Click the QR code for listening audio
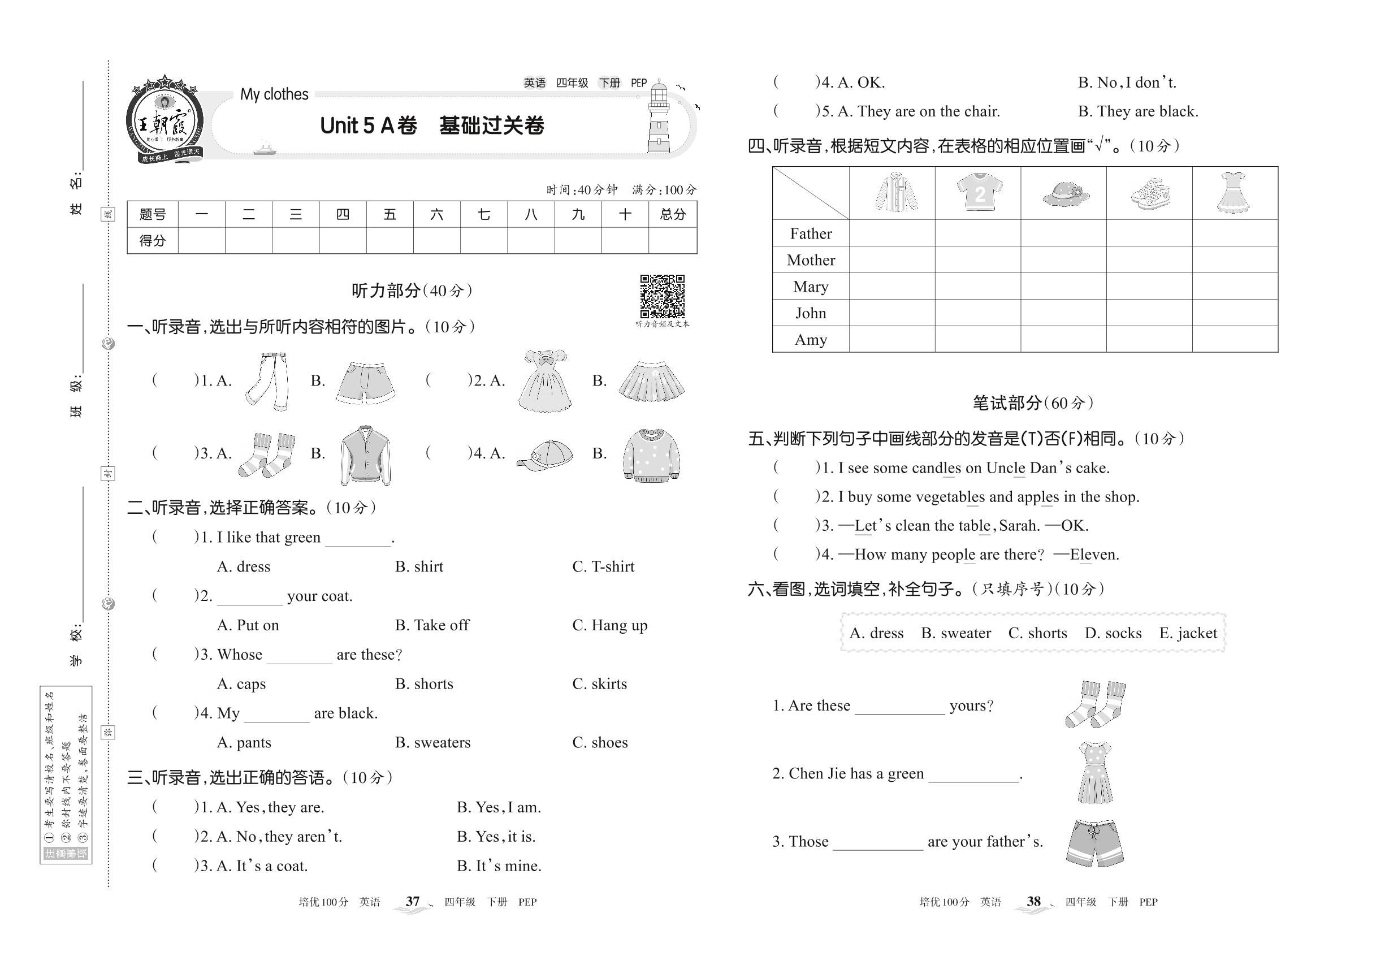pyautogui.click(x=662, y=296)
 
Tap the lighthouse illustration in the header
pyautogui.click(x=659, y=118)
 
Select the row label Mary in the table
pyautogui.click(x=811, y=287)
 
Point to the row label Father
pyautogui.click(x=811, y=233)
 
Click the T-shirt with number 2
pyautogui.click(x=979, y=192)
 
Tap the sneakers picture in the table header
pyautogui.click(x=1150, y=193)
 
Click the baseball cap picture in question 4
pyautogui.click(x=545, y=454)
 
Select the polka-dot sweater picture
pyautogui.click(x=650, y=454)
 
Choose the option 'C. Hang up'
pyautogui.click(x=609, y=625)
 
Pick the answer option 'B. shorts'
pyautogui.click(x=424, y=683)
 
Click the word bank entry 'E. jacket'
pyautogui.click(x=1188, y=633)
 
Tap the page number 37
pyautogui.click(x=413, y=902)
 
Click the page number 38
pyautogui.click(x=1033, y=902)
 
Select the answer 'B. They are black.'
pyautogui.click(x=1137, y=111)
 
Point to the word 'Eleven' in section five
pyautogui.click(x=1093, y=555)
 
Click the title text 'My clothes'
pyautogui.click(x=274, y=94)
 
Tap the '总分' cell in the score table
pyautogui.click(x=673, y=214)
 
